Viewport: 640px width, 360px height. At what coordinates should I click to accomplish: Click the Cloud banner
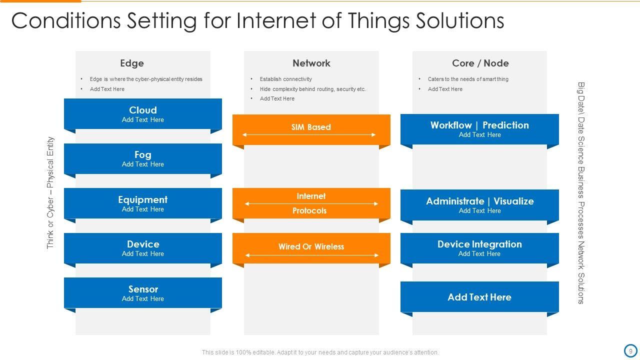(142, 114)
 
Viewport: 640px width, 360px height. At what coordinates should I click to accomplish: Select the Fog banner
(142, 159)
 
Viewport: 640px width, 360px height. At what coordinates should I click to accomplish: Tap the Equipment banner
(142, 203)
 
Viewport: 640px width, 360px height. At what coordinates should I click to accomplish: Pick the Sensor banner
(142, 293)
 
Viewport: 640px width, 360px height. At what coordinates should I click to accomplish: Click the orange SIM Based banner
(311, 128)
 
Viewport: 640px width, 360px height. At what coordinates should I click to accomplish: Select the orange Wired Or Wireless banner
(311, 246)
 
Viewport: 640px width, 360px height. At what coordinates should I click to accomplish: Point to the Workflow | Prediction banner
(479, 129)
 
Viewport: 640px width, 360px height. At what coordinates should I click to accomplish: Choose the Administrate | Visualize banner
(479, 205)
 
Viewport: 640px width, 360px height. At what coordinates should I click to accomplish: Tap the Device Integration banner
(479, 248)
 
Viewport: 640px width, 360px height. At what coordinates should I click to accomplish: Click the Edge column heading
(132, 63)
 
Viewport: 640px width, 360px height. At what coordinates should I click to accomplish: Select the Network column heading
(311, 63)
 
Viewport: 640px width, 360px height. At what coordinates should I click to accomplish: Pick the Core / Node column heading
(480, 63)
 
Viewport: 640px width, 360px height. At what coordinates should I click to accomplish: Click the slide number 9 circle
(630, 350)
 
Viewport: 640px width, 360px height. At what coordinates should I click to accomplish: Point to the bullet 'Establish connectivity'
(285, 79)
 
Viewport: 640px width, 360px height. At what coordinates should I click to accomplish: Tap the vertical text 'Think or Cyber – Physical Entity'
(50, 193)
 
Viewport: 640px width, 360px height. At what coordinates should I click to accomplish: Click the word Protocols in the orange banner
(309, 211)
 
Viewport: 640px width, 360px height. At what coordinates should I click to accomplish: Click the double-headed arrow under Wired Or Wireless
(311, 255)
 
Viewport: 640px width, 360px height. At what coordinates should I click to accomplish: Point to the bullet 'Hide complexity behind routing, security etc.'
(312, 89)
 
